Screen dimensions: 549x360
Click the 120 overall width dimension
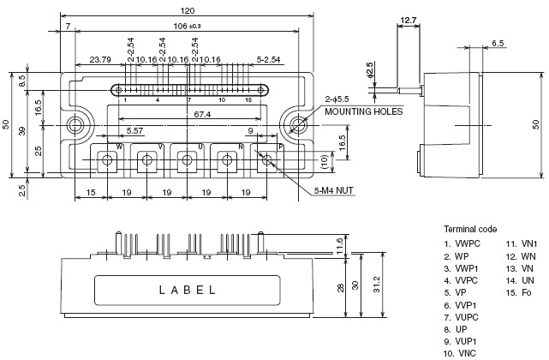point(188,10)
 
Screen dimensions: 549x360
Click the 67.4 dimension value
point(202,114)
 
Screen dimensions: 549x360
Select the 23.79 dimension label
point(100,60)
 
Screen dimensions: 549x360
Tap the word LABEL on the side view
point(188,290)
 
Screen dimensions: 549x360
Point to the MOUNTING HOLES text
point(364,111)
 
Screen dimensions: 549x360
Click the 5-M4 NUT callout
point(334,190)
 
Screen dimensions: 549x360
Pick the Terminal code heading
point(470,229)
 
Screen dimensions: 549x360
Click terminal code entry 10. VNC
point(460,353)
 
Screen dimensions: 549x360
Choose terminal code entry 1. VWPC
point(462,243)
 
